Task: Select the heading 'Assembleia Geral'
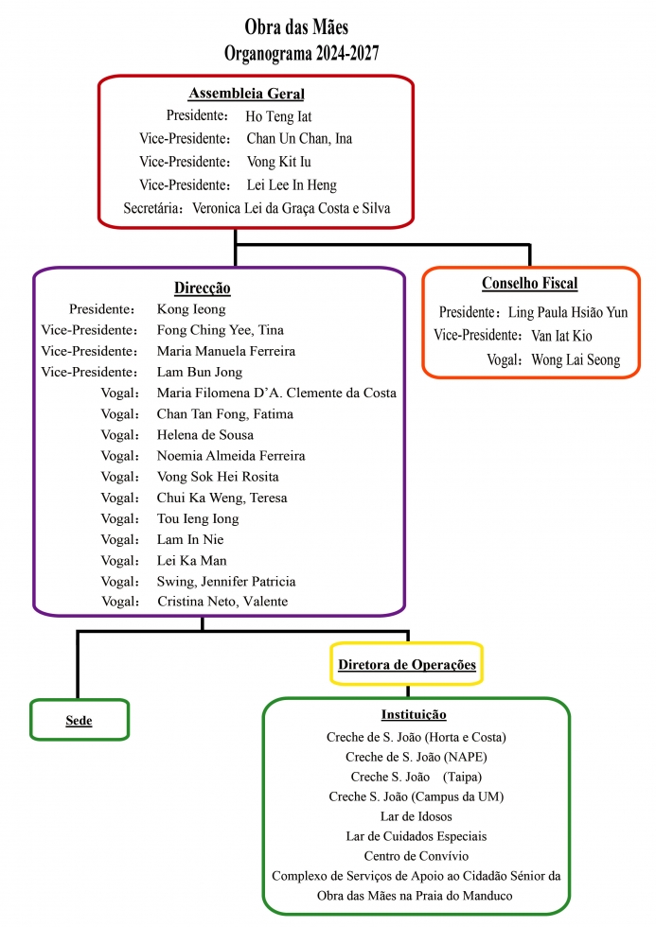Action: (x=246, y=94)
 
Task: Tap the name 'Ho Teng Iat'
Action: (x=278, y=116)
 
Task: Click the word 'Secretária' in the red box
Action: (x=154, y=208)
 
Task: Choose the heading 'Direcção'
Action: (x=203, y=288)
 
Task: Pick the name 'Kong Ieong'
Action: (x=191, y=309)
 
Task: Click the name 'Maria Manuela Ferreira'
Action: (x=226, y=351)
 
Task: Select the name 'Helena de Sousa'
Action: (x=205, y=435)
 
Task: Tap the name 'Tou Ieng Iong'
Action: (x=198, y=518)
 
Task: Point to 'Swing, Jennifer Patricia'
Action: (x=226, y=581)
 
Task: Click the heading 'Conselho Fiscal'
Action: (x=529, y=284)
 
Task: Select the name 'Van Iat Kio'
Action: (x=562, y=336)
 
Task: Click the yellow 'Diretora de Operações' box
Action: (x=407, y=665)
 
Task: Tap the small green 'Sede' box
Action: (x=80, y=721)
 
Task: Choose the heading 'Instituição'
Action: (x=414, y=714)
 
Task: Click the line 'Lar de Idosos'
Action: (x=416, y=815)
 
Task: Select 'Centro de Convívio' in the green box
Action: (x=416, y=856)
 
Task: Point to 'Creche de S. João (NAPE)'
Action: (x=416, y=757)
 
